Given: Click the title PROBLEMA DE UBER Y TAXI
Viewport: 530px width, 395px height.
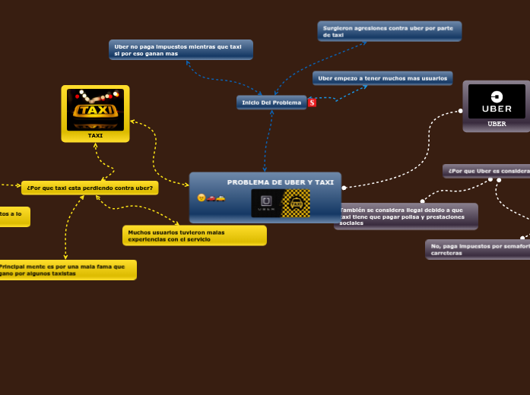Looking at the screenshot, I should click(280, 182).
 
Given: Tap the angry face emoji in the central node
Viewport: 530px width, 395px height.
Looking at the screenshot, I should click(202, 197).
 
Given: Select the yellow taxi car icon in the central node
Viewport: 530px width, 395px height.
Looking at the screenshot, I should click(221, 197).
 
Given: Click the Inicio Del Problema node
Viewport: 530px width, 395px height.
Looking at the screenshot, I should click(271, 103).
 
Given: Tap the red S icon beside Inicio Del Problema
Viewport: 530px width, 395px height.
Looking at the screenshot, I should click(313, 103).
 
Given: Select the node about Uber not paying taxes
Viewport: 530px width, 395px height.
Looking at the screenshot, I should click(181, 50).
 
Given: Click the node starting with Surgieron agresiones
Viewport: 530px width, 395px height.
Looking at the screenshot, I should click(389, 31).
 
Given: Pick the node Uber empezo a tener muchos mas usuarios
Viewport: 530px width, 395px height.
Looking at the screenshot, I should click(382, 78).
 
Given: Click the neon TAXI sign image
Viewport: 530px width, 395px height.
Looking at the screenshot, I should click(95, 109).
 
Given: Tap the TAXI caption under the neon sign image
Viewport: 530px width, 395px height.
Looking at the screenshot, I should click(95, 136).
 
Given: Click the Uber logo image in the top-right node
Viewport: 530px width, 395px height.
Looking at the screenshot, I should click(497, 101).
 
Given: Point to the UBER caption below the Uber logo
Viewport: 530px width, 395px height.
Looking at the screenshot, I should click(497, 124).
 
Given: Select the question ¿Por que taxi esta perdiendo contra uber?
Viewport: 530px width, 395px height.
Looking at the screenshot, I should click(90, 188).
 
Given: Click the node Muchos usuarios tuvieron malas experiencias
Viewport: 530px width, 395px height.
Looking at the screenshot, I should click(194, 235).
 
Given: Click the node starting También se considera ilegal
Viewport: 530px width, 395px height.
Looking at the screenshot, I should click(406, 216).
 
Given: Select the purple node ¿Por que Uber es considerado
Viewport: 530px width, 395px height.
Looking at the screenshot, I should click(487, 171).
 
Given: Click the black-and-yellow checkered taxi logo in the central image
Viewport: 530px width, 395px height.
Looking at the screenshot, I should click(296, 204).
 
